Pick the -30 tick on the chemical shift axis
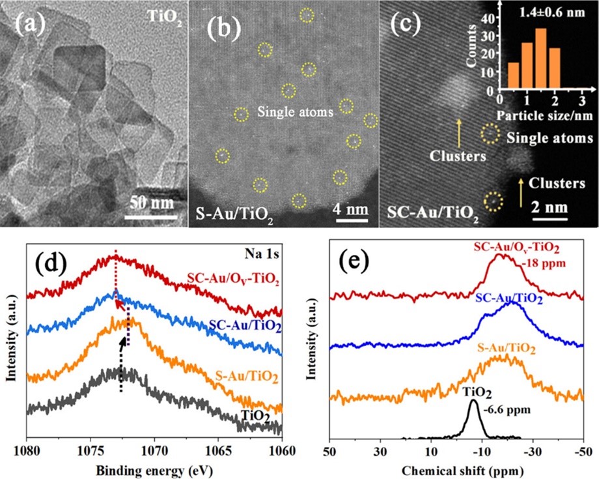[532, 451]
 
